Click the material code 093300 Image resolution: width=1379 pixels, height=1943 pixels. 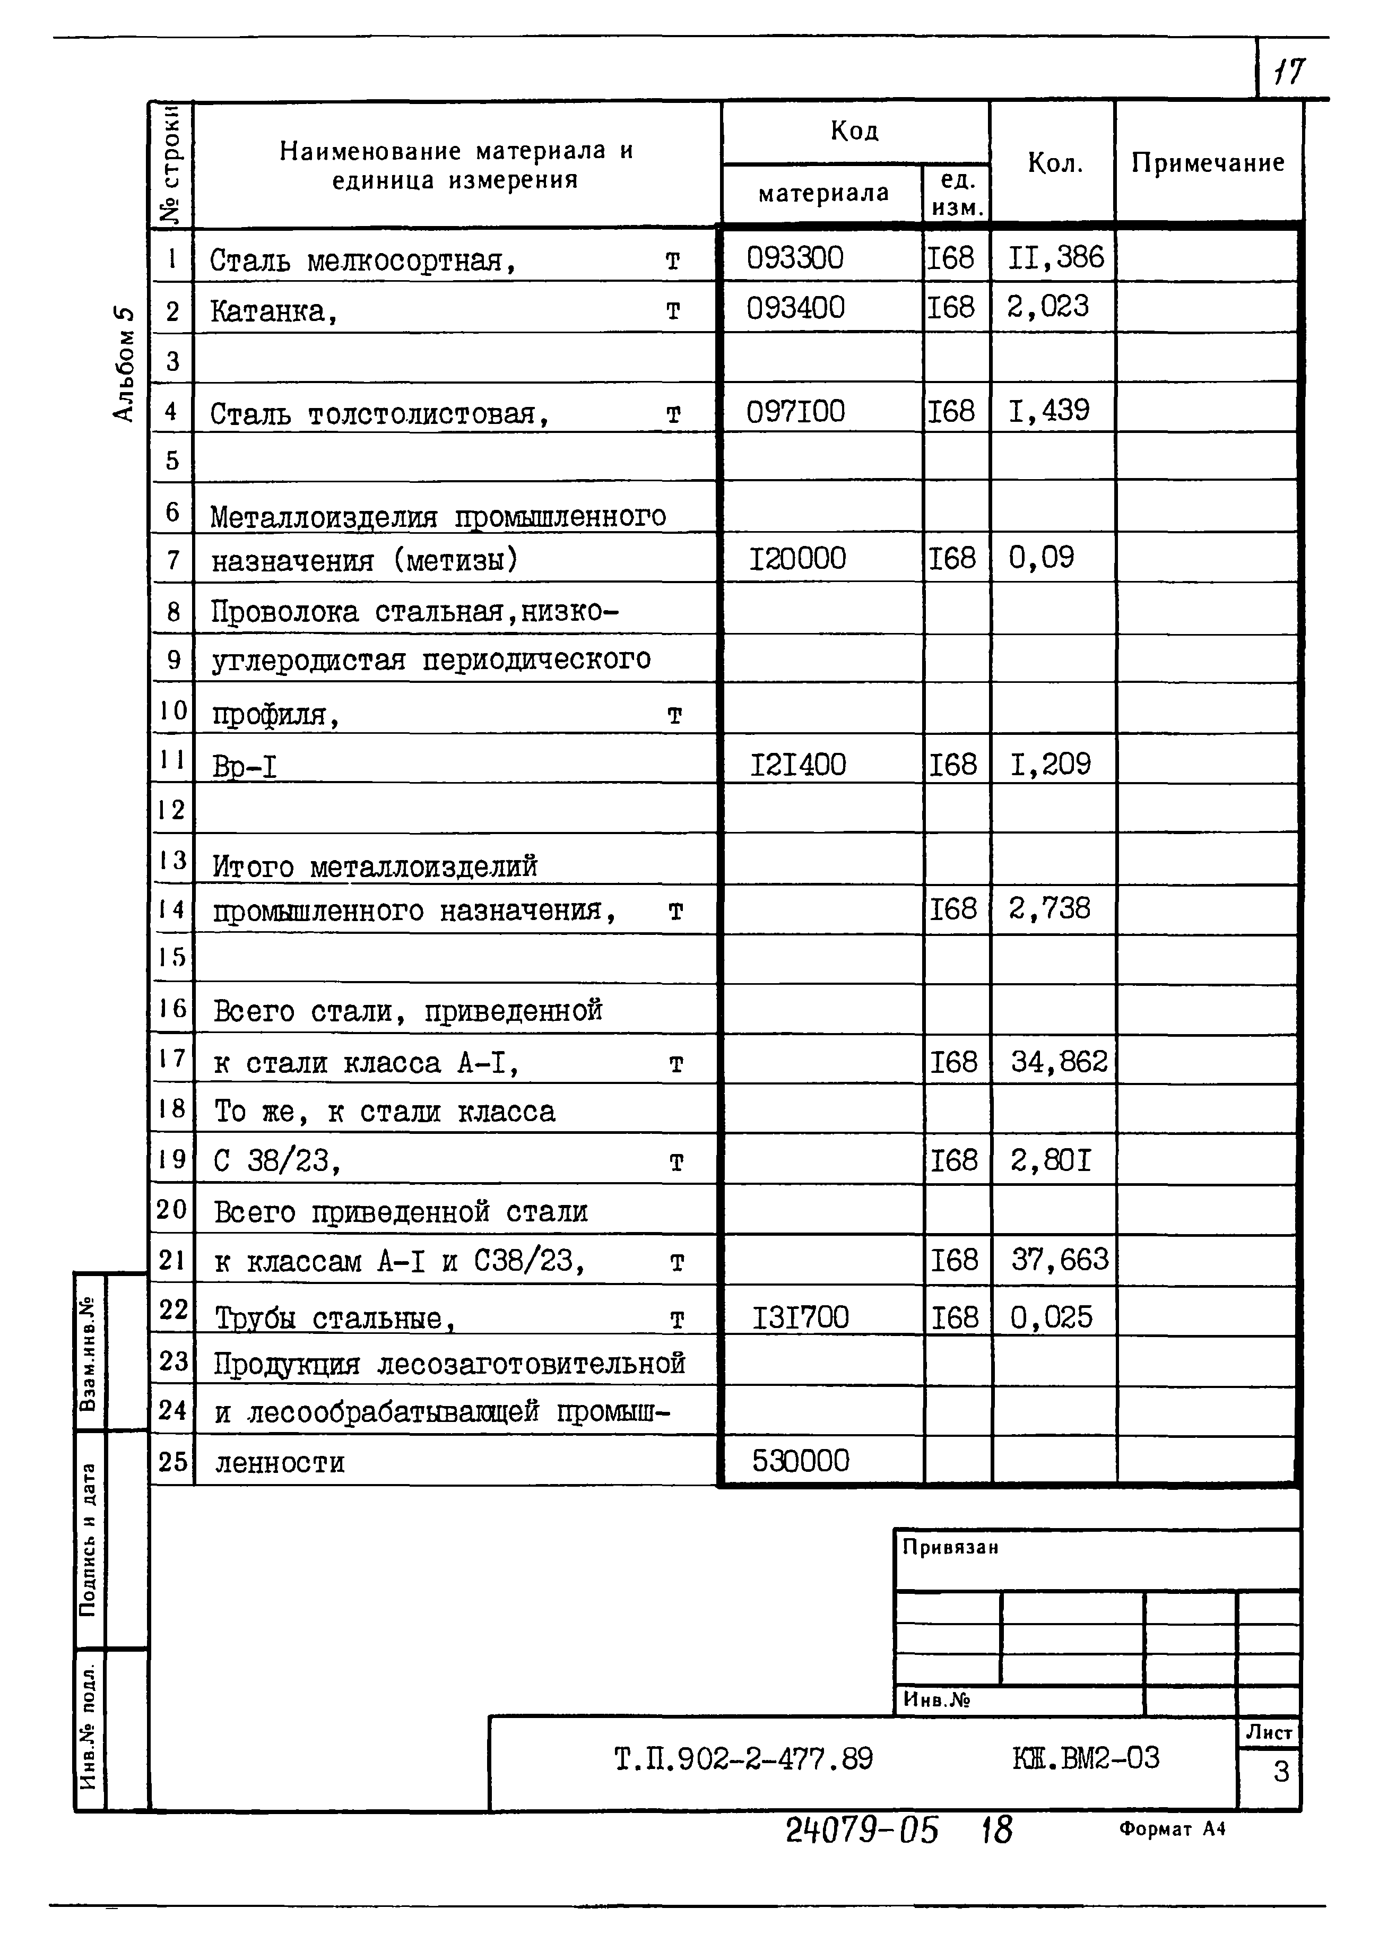[795, 258]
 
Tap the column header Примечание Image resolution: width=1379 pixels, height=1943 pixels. [1208, 163]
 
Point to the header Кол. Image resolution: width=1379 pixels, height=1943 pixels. [1055, 163]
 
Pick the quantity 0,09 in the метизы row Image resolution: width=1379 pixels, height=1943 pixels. [1041, 558]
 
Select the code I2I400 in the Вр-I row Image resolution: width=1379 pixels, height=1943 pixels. [797, 765]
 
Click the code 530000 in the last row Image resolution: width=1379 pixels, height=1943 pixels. [800, 1461]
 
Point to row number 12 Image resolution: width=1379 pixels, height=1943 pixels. [171, 809]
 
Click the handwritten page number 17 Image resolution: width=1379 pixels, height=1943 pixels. [1288, 71]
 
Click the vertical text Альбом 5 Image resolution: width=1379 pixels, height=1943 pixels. [124, 363]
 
